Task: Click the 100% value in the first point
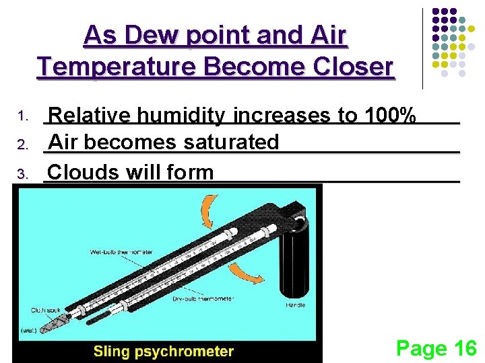point(389,116)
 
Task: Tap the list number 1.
point(22,118)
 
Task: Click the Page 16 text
point(436,348)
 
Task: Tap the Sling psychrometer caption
point(163,351)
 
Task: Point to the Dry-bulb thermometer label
point(203,298)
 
